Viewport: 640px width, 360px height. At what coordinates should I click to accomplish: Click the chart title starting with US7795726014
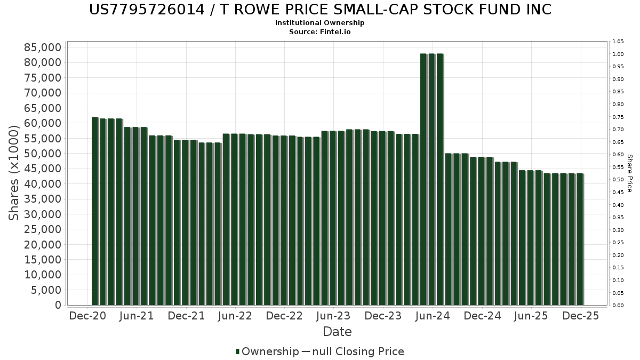pyautogui.click(x=320, y=10)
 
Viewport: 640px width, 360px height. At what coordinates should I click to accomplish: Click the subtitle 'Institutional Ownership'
pyautogui.click(x=320, y=23)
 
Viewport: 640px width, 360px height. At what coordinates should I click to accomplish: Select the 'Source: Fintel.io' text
pyautogui.click(x=320, y=32)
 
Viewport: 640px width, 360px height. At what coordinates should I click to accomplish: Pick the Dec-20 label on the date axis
pyautogui.click(x=88, y=316)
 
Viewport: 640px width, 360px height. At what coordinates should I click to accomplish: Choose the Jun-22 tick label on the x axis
pyautogui.click(x=235, y=316)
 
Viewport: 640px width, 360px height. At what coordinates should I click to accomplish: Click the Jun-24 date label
pyautogui.click(x=432, y=316)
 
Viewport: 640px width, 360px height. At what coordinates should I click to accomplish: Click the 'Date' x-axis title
pyautogui.click(x=337, y=332)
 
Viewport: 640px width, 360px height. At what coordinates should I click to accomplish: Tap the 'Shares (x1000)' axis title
pyautogui.click(x=14, y=176)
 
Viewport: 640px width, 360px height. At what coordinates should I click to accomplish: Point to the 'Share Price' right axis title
pyautogui.click(x=629, y=173)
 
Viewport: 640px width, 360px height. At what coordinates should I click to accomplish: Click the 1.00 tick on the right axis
pyautogui.click(x=618, y=54)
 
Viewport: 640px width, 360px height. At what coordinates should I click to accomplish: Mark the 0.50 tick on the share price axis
pyautogui.click(x=618, y=180)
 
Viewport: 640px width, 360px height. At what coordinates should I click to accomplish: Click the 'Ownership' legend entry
pyautogui.click(x=270, y=351)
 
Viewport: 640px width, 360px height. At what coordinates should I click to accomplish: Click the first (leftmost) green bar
pyautogui.click(x=95, y=211)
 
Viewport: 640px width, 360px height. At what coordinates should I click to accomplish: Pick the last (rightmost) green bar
pyautogui.click(x=580, y=239)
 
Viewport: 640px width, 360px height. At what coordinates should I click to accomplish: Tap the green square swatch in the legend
pyautogui.click(x=238, y=351)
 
